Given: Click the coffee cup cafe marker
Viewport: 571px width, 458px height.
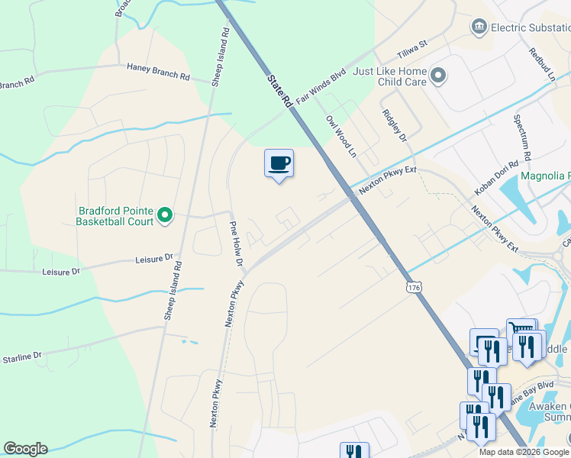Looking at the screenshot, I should (279, 163).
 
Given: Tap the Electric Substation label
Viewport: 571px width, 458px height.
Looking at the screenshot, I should (531, 27).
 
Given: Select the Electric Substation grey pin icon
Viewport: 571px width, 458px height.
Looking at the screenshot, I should (479, 27).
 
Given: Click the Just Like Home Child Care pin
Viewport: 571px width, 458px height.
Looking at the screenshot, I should (438, 76).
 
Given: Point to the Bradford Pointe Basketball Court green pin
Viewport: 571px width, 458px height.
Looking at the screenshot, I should (164, 217).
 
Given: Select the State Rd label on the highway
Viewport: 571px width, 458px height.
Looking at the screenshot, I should (279, 90).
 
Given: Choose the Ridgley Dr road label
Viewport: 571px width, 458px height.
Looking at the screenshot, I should (394, 124).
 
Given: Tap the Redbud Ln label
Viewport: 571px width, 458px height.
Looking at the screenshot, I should (541, 64).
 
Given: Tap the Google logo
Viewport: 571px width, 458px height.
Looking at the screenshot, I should (25, 449).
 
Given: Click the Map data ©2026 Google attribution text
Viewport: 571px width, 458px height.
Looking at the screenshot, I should (524, 452).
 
